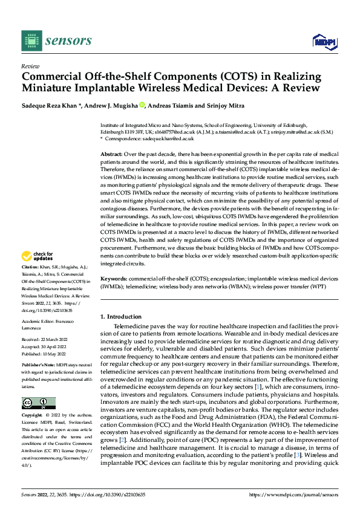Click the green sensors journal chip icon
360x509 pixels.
point(32,40)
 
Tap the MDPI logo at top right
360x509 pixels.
point(324,41)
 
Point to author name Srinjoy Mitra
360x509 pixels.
point(229,105)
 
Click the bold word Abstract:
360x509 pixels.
point(112,155)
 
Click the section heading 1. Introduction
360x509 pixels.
point(121,317)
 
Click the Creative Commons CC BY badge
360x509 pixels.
point(38,386)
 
